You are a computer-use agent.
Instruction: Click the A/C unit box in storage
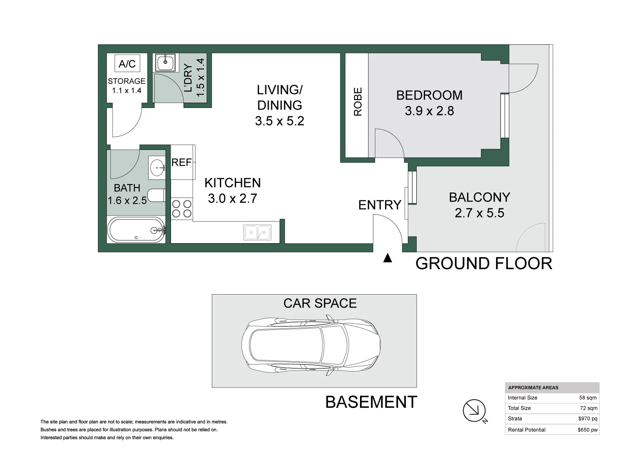[x=127, y=63]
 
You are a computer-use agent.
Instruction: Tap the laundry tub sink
[x=165, y=62]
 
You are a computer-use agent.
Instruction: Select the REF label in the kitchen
[x=181, y=162]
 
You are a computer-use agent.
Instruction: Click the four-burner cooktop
[x=182, y=209]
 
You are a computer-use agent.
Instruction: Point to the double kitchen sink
[x=257, y=232]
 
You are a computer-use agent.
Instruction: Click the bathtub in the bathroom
[x=136, y=230]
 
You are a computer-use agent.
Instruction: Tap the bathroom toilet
[x=157, y=195]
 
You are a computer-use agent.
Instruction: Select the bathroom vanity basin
[x=157, y=167]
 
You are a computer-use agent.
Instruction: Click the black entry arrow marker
[x=388, y=258]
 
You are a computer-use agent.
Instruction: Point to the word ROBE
[x=358, y=101]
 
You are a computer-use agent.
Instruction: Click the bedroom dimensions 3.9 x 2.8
[x=429, y=111]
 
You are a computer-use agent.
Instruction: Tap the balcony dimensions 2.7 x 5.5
[x=479, y=213]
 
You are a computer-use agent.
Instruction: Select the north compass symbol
[x=475, y=411]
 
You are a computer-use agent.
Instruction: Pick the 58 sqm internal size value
[x=588, y=398]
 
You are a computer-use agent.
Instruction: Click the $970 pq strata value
[x=588, y=419]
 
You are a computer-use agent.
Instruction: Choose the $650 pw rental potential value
[x=587, y=430]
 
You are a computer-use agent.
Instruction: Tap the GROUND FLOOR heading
[x=484, y=263]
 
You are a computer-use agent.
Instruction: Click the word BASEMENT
[x=371, y=402]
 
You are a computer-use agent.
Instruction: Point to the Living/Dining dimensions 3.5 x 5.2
[x=279, y=121]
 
